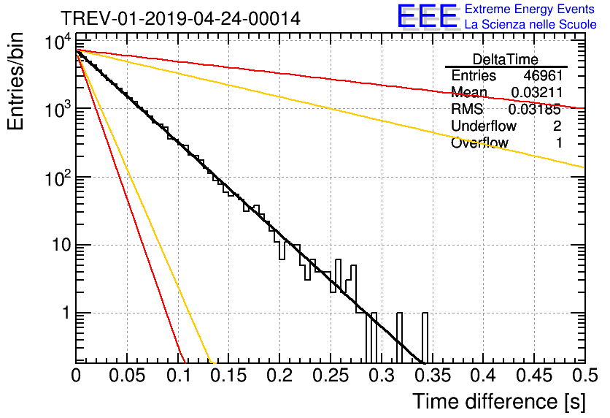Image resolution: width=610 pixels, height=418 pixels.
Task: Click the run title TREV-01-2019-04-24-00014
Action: pyautogui.click(x=179, y=18)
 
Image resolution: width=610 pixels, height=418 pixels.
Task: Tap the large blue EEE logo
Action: pyautogui.click(x=427, y=17)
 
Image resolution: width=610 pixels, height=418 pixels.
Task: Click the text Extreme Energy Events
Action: pyautogui.click(x=530, y=9)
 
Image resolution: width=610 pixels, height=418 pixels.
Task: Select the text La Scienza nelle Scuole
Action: pyautogui.click(x=530, y=24)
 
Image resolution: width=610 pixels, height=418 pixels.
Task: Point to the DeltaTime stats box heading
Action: pyautogui.click(x=506, y=59)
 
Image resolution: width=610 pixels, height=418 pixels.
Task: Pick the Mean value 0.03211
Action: pyautogui.click(x=536, y=93)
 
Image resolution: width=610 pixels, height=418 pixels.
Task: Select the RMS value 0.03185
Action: pyautogui.click(x=536, y=110)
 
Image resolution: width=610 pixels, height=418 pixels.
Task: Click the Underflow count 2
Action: pyautogui.click(x=557, y=126)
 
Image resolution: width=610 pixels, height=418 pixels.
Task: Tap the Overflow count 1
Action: pyautogui.click(x=558, y=143)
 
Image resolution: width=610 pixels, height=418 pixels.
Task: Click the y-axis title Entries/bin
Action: pyautogui.click(x=16, y=82)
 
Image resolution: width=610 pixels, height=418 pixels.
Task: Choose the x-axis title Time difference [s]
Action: pyautogui.click(x=498, y=401)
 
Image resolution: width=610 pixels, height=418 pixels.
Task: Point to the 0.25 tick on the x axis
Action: pyautogui.click(x=330, y=376)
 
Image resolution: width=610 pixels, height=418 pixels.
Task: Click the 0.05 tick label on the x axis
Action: pyautogui.click(x=127, y=376)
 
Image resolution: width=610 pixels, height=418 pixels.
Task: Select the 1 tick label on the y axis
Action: pyautogui.click(x=65, y=313)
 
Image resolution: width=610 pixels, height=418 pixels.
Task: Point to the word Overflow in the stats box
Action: pyautogui.click(x=479, y=143)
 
